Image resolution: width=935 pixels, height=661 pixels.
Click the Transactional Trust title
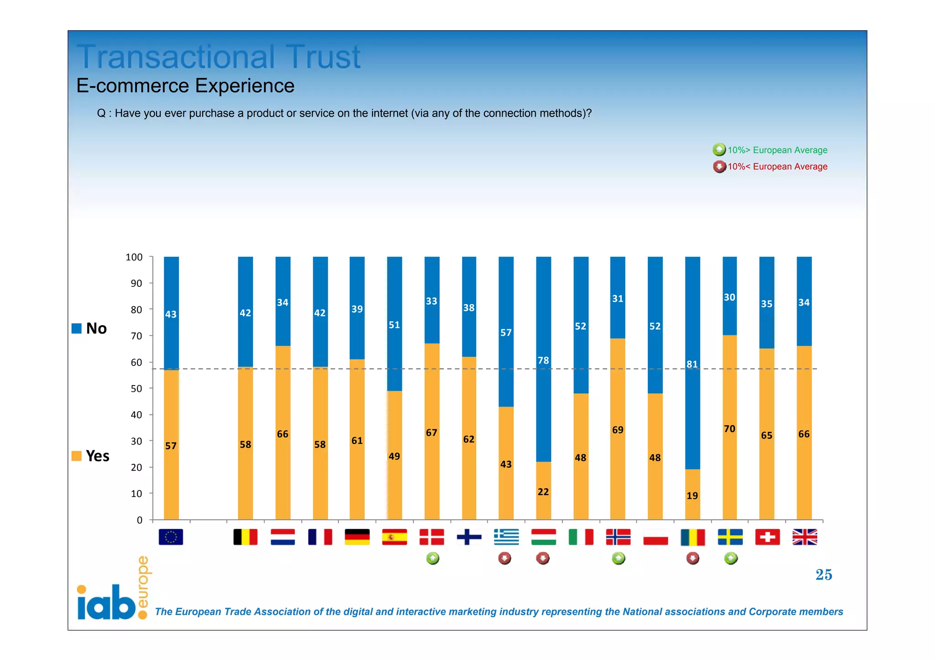(x=218, y=57)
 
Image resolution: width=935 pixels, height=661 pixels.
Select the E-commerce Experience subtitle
(x=185, y=86)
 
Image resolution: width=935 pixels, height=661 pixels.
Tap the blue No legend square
(x=77, y=328)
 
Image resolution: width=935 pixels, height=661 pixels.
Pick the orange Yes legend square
(x=77, y=456)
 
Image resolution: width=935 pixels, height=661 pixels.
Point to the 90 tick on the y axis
(x=136, y=283)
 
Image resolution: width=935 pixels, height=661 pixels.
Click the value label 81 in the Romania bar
(x=692, y=364)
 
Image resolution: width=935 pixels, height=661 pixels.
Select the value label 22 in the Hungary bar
(x=543, y=492)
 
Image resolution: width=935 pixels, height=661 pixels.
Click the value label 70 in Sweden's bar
(x=729, y=429)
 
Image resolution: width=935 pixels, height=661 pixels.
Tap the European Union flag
(x=171, y=537)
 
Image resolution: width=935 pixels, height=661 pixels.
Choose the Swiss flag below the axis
(x=767, y=537)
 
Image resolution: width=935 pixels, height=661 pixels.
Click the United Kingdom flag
(x=804, y=537)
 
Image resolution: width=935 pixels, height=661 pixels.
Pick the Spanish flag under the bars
(x=394, y=537)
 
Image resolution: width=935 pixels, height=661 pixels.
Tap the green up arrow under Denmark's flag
(x=432, y=558)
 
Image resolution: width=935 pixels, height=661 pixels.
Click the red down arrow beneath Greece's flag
(x=504, y=558)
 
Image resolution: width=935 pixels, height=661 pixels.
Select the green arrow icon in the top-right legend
(x=719, y=149)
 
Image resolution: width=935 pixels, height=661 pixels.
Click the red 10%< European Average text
(x=777, y=167)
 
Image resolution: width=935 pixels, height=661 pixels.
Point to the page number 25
(x=824, y=575)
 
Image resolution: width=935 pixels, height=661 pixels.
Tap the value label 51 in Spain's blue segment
(x=394, y=325)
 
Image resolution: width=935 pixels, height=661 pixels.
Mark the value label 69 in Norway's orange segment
(x=617, y=430)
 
